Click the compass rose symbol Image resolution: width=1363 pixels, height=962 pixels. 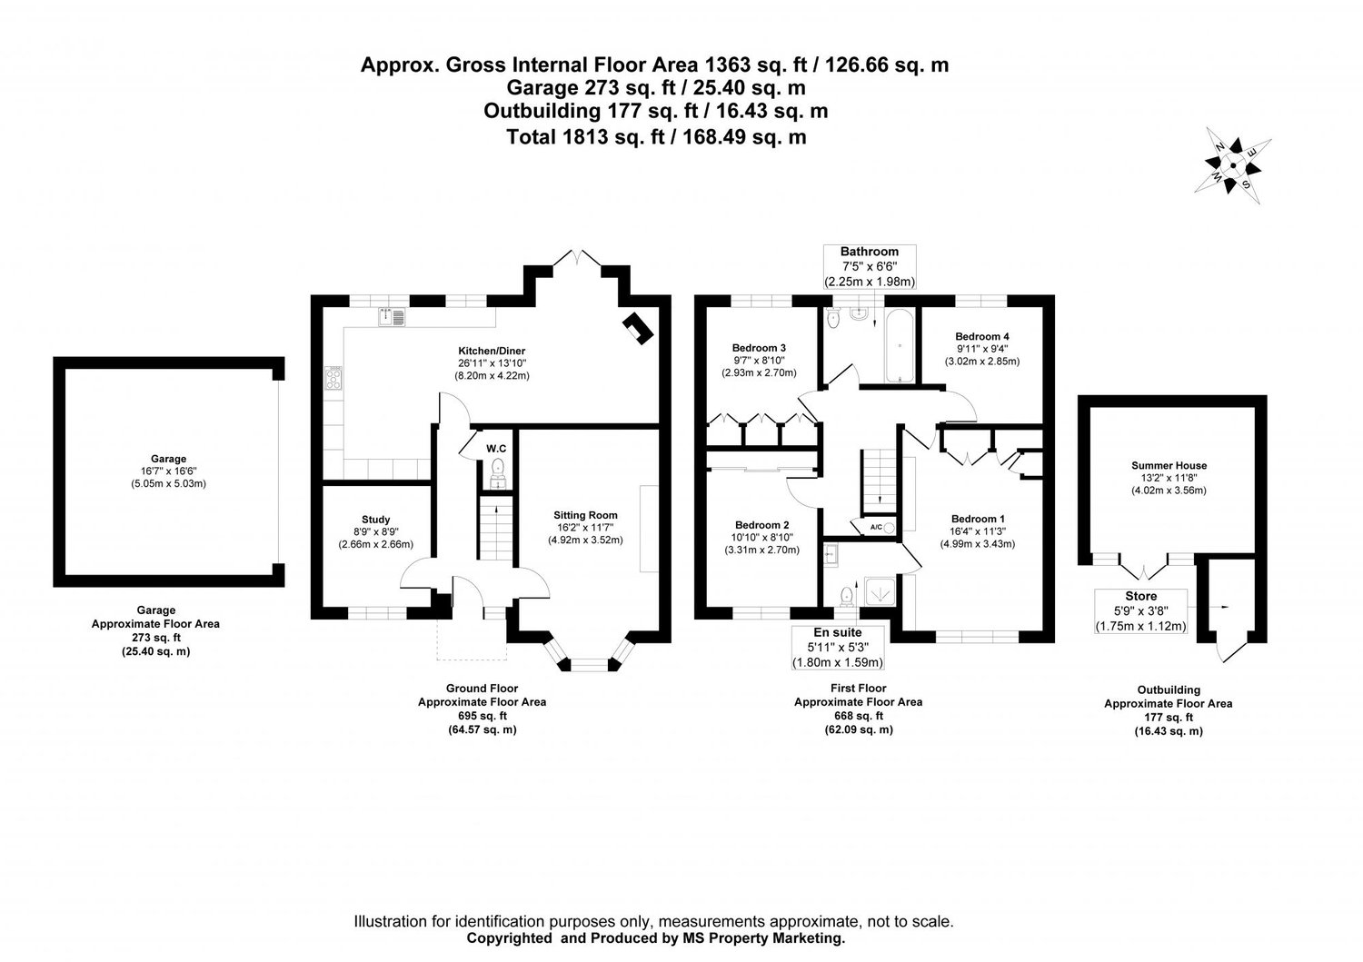(x=1233, y=166)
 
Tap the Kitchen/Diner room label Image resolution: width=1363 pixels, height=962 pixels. (x=492, y=351)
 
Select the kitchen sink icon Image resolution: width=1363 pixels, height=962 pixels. (x=393, y=317)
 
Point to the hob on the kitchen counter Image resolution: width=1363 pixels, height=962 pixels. (x=333, y=377)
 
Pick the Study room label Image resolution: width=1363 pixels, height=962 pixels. (x=375, y=520)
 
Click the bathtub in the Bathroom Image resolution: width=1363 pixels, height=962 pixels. (x=898, y=346)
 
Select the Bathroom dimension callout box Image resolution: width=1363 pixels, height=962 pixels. (x=869, y=266)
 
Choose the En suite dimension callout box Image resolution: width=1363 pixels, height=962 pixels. (x=837, y=647)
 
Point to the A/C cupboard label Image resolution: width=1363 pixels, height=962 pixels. (x=877, y=527)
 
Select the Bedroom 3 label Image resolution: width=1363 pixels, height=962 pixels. (x=759, y=348)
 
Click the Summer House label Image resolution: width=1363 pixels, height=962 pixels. (x=1169, y=465)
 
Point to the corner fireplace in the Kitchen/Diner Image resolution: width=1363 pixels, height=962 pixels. (x=637, y=328)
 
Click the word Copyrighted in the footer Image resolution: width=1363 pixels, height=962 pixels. (x=508, y=937)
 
